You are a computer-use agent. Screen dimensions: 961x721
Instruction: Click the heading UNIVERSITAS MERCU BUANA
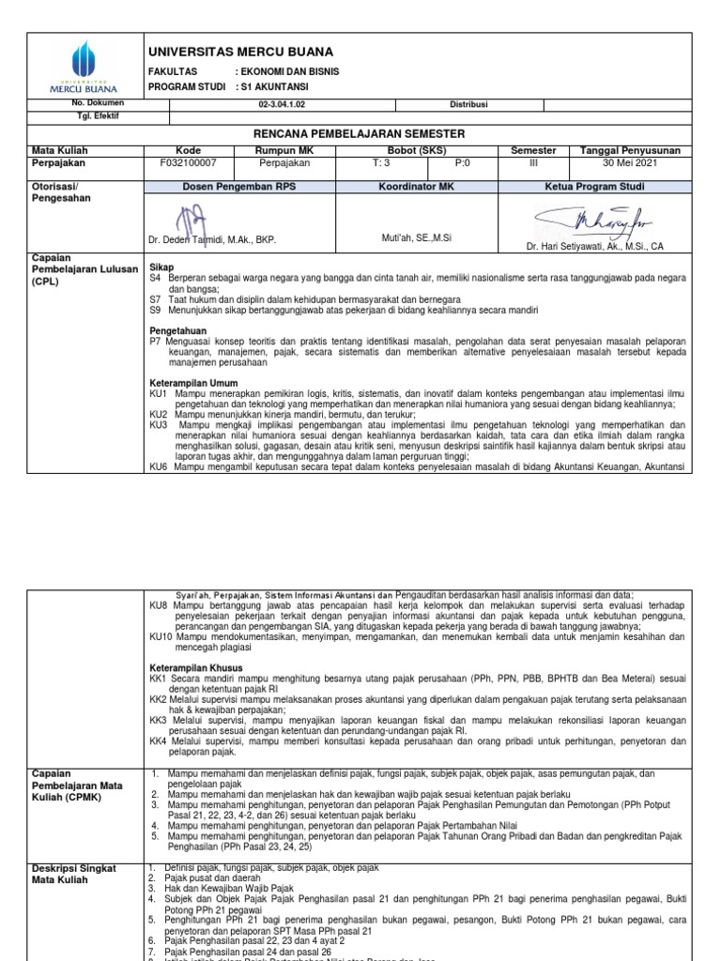point(240,52)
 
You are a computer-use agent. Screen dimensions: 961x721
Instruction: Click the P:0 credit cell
point(462,163)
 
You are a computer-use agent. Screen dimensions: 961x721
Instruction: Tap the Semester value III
point(533,163)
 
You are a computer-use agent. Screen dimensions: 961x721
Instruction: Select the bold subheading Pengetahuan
point(177,331)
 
